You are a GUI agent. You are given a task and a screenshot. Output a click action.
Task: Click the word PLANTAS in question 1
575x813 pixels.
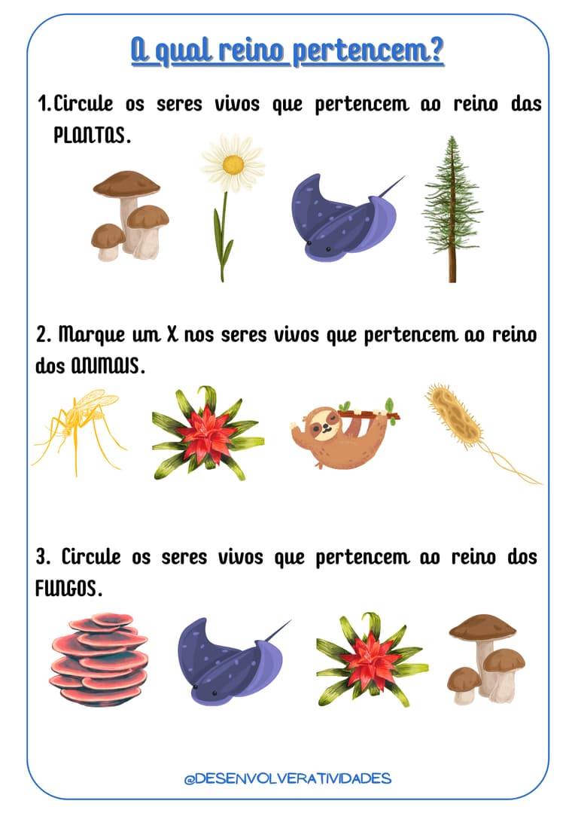pyautogui.click(x=91, y=135)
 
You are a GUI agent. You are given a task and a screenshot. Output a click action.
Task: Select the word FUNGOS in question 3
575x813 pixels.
pyautogui.click(x=68, y=589)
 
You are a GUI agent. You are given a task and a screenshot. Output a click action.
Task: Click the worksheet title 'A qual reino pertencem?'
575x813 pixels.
pyautogui.click(x=287, y=52)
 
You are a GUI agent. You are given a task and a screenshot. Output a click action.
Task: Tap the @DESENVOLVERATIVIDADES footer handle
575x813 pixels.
pyautogui.click(x=287, y=778)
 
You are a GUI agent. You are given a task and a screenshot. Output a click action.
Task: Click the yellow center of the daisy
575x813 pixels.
pyautogui.click(x=233, y=165)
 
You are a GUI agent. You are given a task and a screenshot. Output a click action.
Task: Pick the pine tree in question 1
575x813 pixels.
pyautogui.click(x=452, y=209)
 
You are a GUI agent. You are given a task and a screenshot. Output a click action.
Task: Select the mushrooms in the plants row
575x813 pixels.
pyautogui.click(x=129, y=215)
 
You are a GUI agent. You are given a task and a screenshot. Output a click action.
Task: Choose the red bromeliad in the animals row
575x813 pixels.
pyautogui.click(x=208, y=433)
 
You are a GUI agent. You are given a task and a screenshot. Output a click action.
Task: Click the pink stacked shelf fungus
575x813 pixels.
pyautogui.click(x=99, y=659)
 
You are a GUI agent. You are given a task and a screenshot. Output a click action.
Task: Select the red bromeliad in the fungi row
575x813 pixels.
pyautogui.click(x=372, y=659)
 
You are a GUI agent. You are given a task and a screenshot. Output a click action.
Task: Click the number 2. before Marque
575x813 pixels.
pyautogui.click(x=44, y=334)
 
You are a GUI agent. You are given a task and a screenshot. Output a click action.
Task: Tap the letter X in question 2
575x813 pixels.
pyautogui.click(x=172, y=334)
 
